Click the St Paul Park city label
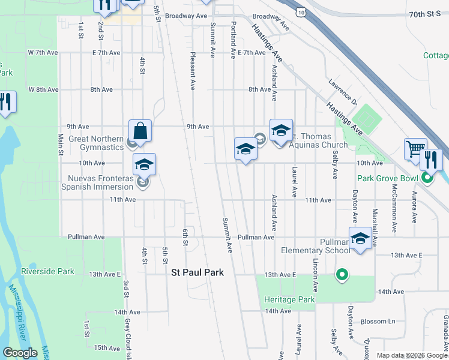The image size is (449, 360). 197,272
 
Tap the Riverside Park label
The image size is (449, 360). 47,271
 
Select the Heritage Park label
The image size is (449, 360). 289,299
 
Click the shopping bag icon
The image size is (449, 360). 140,131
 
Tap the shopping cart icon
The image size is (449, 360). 415,149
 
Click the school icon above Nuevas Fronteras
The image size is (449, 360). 144,164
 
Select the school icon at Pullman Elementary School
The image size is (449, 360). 360,238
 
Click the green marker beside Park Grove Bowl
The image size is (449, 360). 427,178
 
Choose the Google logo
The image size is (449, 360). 19,353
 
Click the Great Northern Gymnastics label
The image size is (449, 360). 87,142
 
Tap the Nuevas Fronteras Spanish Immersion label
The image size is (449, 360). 100,182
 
